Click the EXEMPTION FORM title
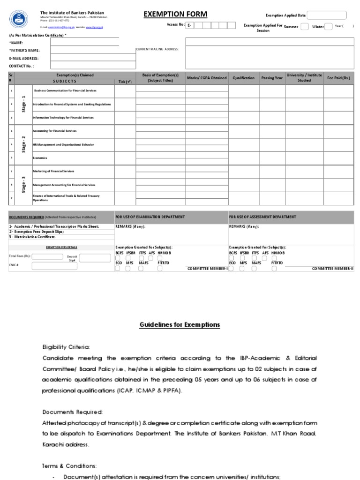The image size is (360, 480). click(x=175, y=15)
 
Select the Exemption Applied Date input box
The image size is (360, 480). click(x=327, y=15)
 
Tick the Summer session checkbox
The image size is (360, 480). click(x=304, y=27)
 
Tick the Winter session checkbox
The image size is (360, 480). click(x=329, y=27)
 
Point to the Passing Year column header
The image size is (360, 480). click(x=272, y=78)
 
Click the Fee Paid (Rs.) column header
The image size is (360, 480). click(x=338, y=78)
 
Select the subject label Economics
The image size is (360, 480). click(x=40, y=158)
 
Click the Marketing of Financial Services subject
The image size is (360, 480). click(x=53, y=172)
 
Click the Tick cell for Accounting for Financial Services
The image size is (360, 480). click(x=125, y=131)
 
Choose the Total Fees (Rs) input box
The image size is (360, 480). click(x=47, y=256)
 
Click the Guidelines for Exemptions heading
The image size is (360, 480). click(x=180, y=324)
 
